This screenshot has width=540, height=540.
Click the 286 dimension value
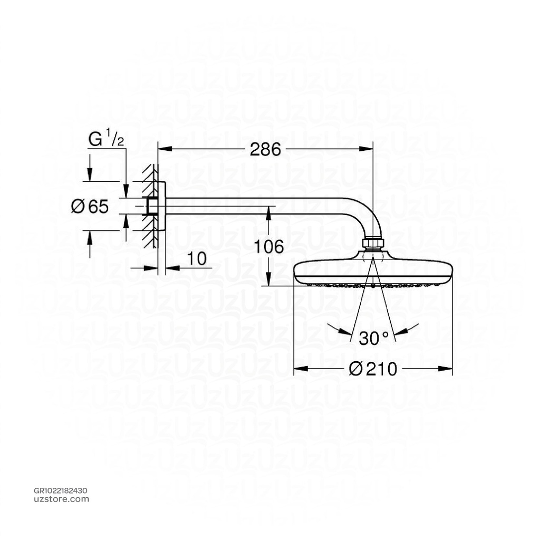point(265,150)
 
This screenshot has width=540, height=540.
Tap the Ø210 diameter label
point(373,369)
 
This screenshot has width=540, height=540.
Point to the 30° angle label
point(373,338)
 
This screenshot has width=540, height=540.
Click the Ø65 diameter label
point(90,207)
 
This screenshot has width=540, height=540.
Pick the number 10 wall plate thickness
point(196,259)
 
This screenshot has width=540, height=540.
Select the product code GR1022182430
point(61,490)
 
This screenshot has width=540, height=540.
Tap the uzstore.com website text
point(61,499)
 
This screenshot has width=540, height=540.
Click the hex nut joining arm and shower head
point(373,243)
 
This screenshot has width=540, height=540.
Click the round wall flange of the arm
point(161,206)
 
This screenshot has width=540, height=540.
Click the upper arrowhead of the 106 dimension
point(268,210)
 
